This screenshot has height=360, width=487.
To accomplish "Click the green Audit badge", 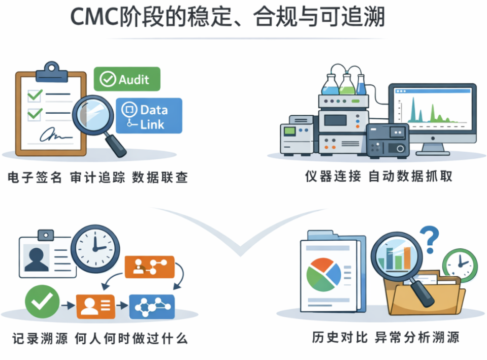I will tap(127, 79).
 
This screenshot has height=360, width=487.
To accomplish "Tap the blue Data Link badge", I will tap(148, 116).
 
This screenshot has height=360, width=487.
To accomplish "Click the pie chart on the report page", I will tap(323, 272).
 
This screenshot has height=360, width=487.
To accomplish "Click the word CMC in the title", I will tap(93, 17).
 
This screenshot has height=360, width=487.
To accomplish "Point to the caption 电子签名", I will tap(35, 178).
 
